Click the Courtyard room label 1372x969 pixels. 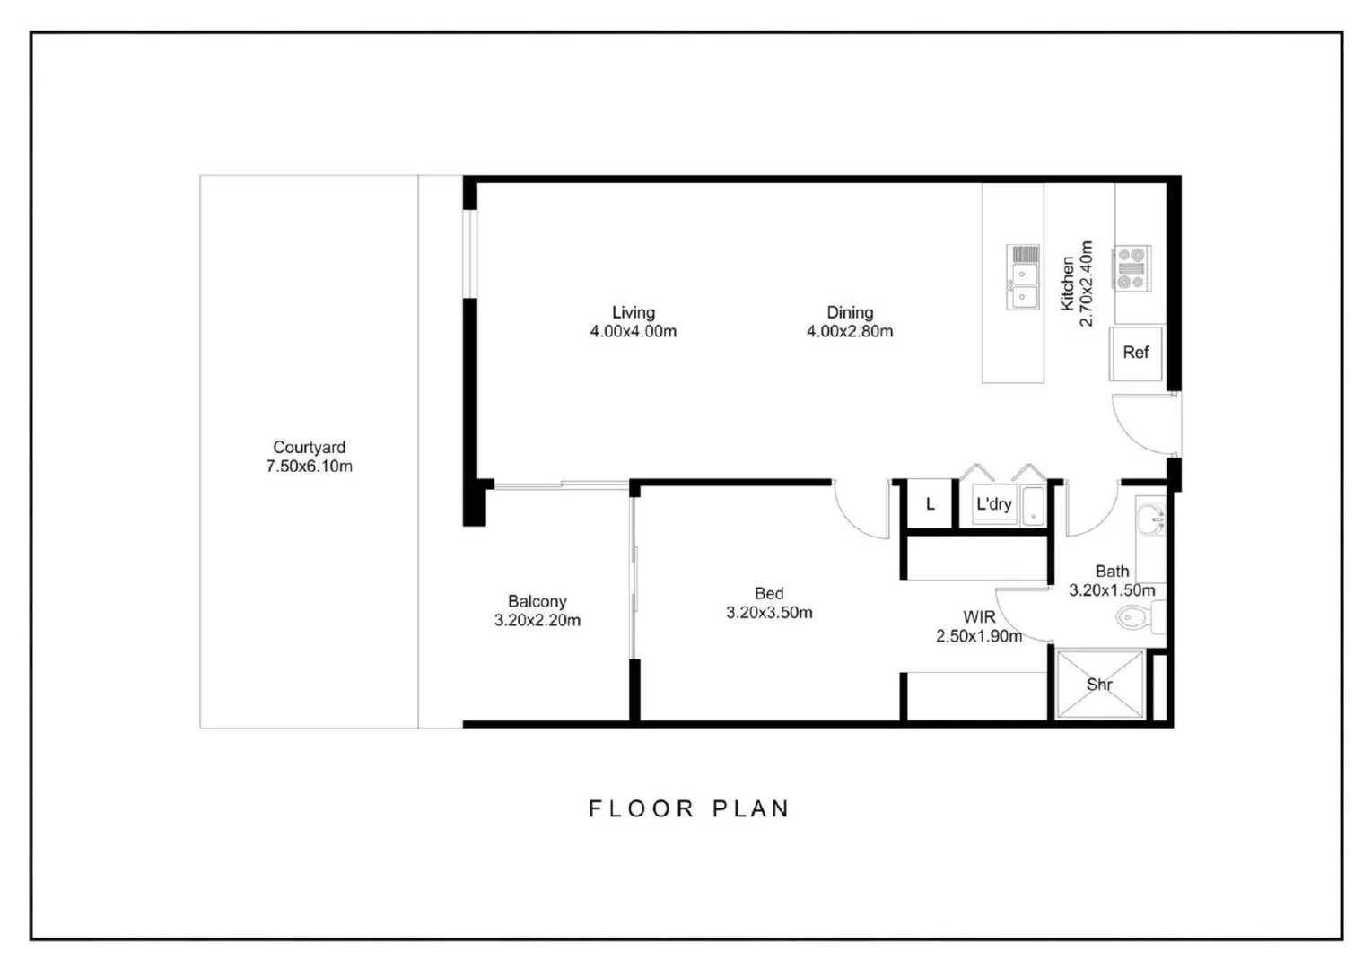click(x=309, y=447)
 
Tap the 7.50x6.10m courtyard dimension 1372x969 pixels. click(x=309, y=467)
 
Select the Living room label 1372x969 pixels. click(x=633, y=312)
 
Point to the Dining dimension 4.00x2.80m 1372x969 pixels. click(x=849, y=332)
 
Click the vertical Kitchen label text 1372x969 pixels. click(x=1067, y=284)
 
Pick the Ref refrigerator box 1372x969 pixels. click(x=1135, y=353)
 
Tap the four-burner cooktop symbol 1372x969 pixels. click(x=1132, y=268)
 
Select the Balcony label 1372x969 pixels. click(x=537, y=601)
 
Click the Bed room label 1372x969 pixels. click(x=768, y=593)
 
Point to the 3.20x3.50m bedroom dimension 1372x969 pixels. click(x=769, y=613)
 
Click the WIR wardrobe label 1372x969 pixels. click(x=978, y=617)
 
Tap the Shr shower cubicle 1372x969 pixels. click(x=1100, y=685)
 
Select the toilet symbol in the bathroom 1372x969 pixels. click(x=1132, y=617)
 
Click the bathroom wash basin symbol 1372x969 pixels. click(x=1149, y=518)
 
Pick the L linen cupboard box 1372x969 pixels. click(x=930, y=504)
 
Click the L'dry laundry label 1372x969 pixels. click(x=993, y=504)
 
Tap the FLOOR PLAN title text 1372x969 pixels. click(x=688, y=808)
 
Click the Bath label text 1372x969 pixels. click(x=1112, y=571)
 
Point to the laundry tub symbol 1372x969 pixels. click(x=1033, y=505)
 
